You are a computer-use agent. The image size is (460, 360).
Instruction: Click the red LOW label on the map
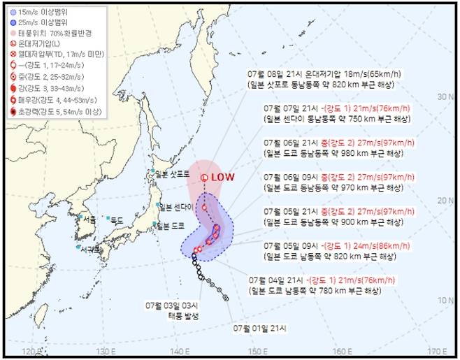(x=224, y=178)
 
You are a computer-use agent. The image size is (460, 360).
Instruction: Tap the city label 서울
(x=89, y=219)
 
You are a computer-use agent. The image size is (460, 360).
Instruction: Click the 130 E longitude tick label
(x=105, y=351)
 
